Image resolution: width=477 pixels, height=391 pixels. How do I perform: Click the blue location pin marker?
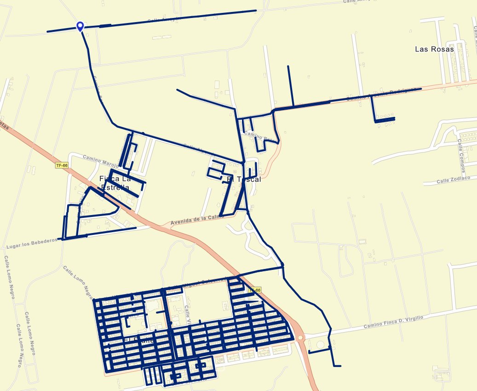click(80, 26)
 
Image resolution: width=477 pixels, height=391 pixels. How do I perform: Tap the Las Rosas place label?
click(434, 49)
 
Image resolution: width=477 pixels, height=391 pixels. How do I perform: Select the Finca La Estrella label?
click(114, 183)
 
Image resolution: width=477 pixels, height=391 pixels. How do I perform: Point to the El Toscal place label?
click(244, 179)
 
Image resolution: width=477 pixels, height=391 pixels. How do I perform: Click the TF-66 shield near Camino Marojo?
click(61, 165)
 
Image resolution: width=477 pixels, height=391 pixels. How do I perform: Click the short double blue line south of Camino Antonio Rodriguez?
click(385, 120)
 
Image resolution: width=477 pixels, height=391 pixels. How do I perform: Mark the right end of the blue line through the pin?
click(256, 10)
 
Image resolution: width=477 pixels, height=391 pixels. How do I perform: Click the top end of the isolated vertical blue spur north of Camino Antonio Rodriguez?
click(288, 66)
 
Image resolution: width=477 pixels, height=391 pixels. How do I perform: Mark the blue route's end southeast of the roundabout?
click(340, 366)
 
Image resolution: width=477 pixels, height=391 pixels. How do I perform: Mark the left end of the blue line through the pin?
click(47, 32)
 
